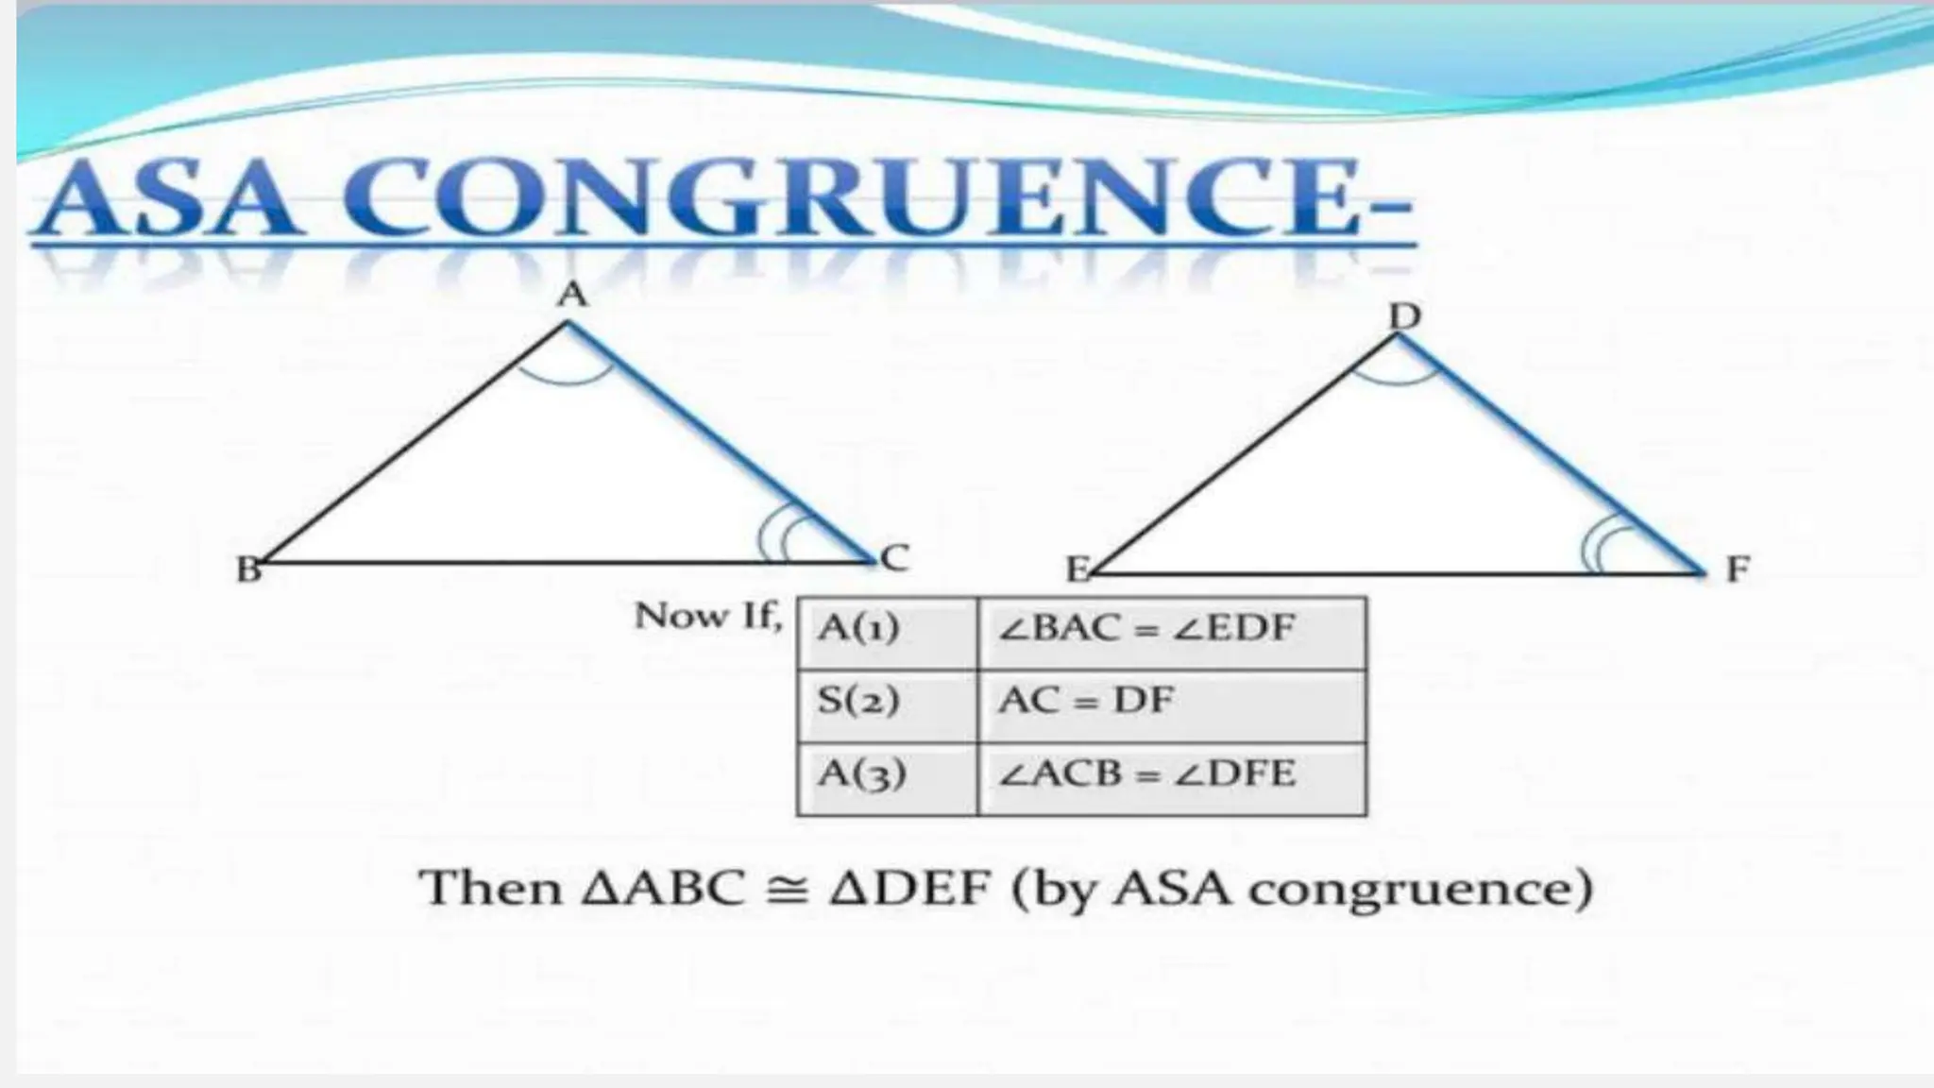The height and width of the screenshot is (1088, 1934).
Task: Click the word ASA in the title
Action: (x=165, y=200)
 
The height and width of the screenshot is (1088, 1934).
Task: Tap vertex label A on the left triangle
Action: (x=572, y=296)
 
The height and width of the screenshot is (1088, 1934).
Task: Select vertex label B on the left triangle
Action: (x=248, y=569)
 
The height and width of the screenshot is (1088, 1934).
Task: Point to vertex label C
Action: (x=893, y=558)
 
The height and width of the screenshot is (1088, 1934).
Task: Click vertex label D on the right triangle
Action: (x=1405, y=317)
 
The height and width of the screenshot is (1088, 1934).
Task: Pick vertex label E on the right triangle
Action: (x=1077, y=569)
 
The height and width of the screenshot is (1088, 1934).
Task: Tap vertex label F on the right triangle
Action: (x=1738, y=569)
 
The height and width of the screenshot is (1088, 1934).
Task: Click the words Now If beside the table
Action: (x=708, y=617)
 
